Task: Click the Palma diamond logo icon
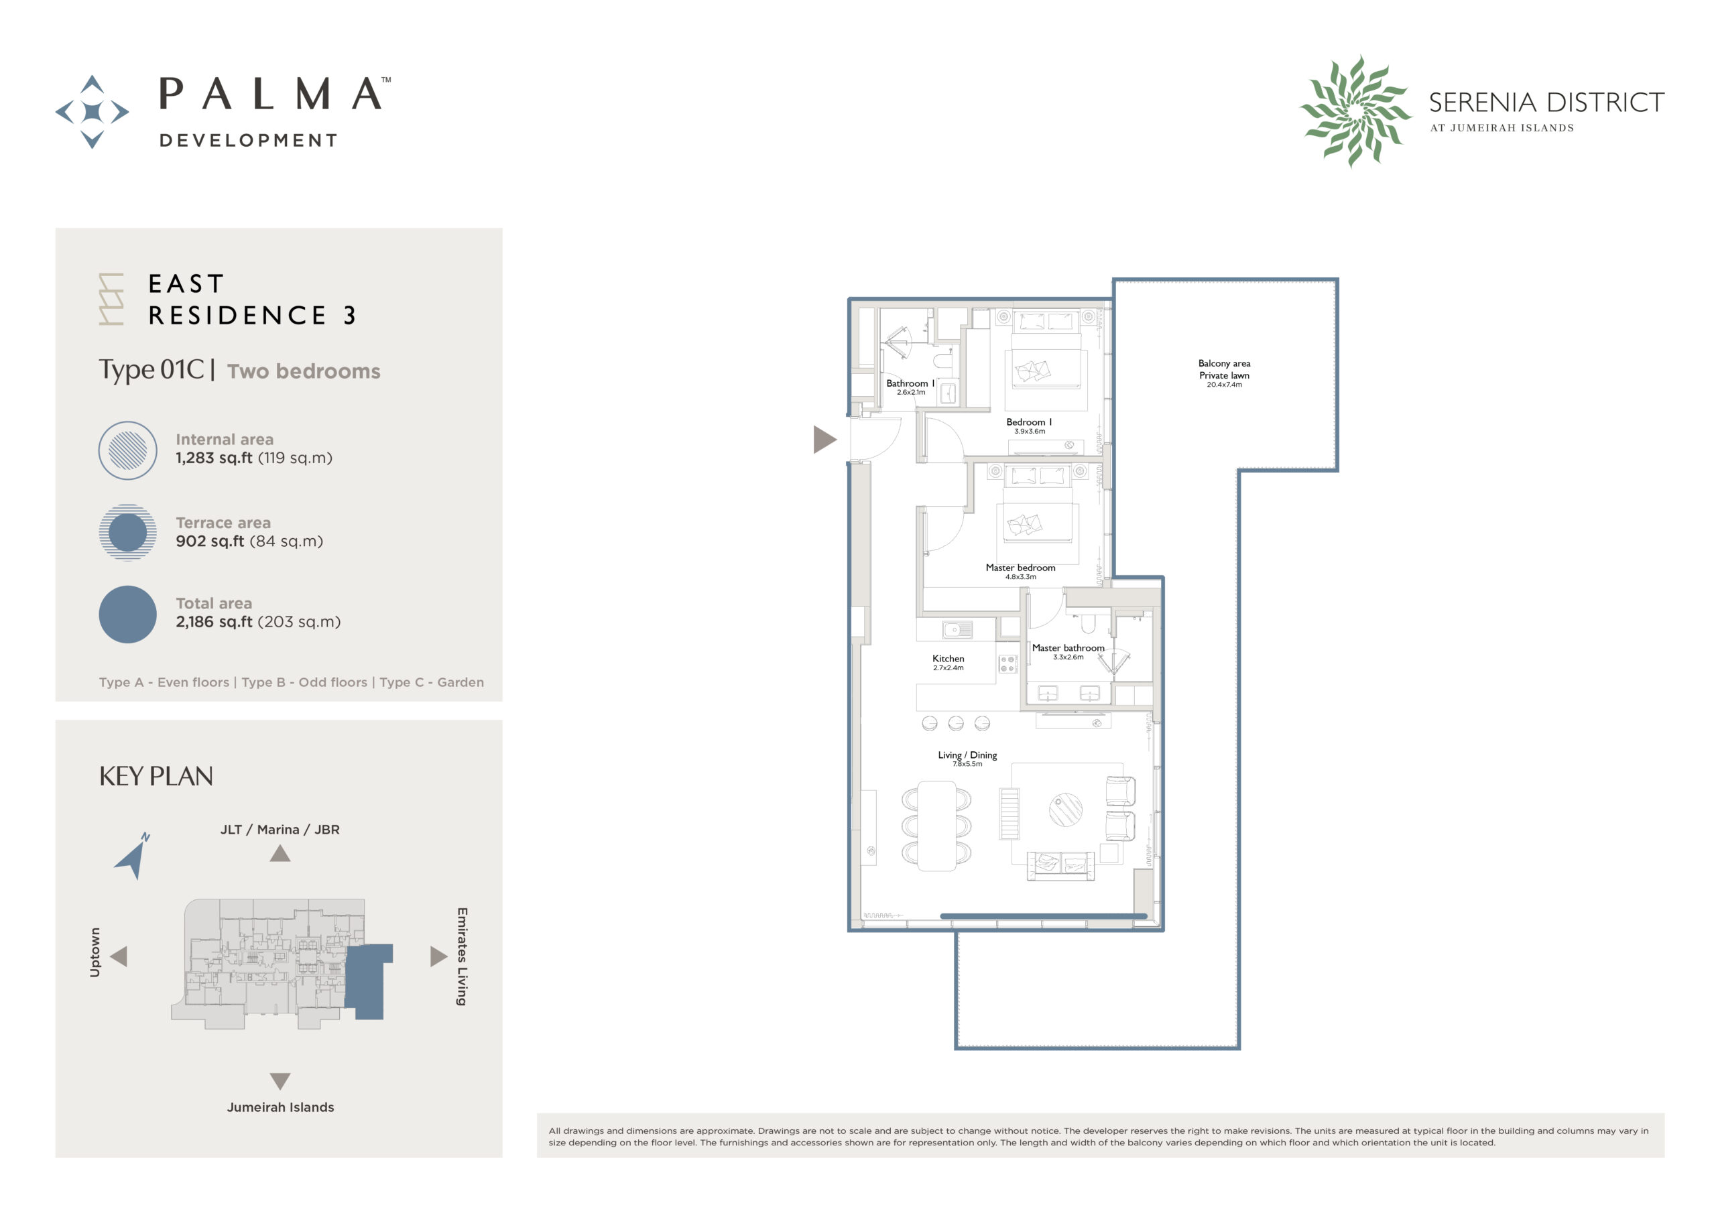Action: pyautogui.click(x=92, y=111)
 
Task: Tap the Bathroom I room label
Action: pyautogui.click(x=910, y=383)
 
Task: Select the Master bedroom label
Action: pyautogui.click(x=1020, y=568)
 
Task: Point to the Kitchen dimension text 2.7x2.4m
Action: pyautogui.click(x=948, y=668)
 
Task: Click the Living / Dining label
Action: pyautogui.click(x=967, y=755)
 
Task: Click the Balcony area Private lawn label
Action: pyautogui.click(x=1223, y=369)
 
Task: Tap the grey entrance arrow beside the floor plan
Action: pyautogui.click(x=824, y=440)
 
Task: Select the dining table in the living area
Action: pyautogui.click(x=936, y=826)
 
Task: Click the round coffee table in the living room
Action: pyautogui.click(x=1065, y=810)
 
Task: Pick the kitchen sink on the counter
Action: pyautogui.click(x=957, y=630)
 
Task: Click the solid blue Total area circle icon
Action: pyautogui.click(x=128, y=615)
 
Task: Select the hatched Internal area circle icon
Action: pyautogui.click(x=128, y=450)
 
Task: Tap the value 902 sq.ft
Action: pyautogui.click(x=209, y=541)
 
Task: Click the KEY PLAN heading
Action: pyautogui.click(x=156, y=777)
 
